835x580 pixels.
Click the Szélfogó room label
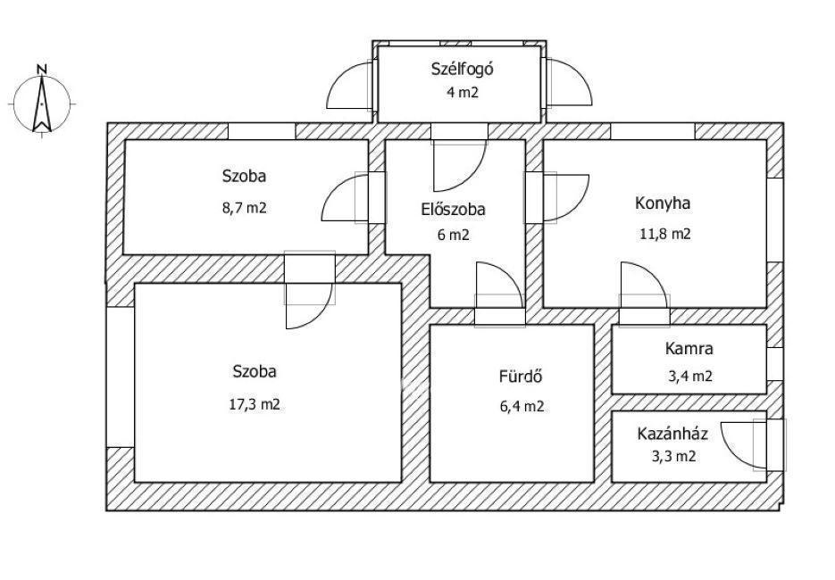(463, 70)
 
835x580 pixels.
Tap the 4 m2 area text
(463, 93)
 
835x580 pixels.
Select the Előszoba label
(453, 209)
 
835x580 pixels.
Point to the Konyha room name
(663, 203)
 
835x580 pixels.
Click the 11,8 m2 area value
(664, 234)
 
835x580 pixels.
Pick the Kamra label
(689, 349)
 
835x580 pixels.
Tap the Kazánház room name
(672, 434)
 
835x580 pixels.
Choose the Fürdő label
(521, 377)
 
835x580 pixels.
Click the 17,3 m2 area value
(255, 405)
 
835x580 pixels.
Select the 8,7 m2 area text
(245, 208)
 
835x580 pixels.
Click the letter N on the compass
(42, 69)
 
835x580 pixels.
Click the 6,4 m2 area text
(522, 407)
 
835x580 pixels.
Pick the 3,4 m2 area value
(690, 377)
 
